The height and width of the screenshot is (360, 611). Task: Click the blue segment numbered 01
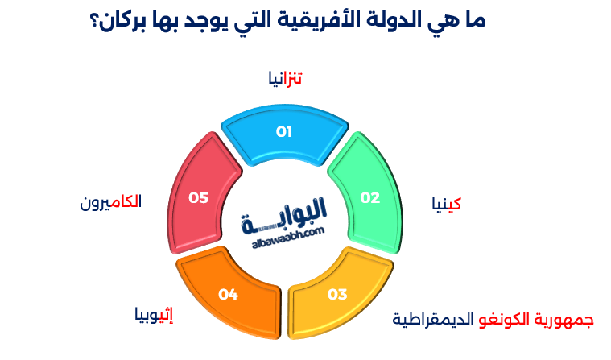coord(284,132)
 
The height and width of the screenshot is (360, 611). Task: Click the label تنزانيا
coord(285,78)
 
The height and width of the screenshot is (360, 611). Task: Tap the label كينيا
coord(446,204)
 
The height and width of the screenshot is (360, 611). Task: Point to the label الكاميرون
coord(110,202)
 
